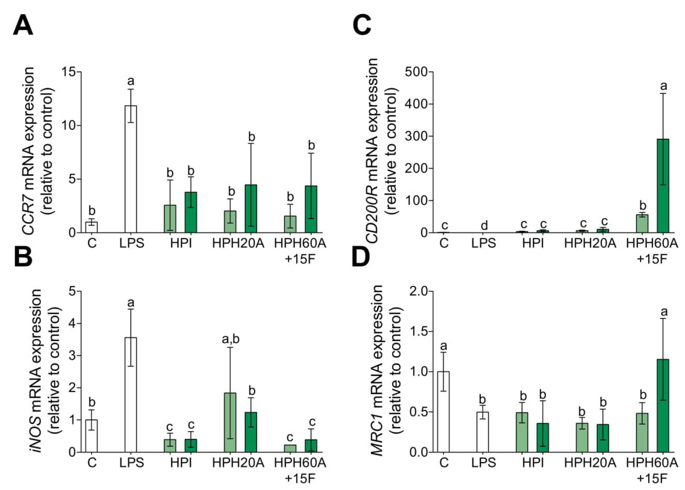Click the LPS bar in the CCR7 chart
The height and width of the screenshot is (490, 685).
tap(131, 169)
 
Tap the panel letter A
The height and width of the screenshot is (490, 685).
tap(23, 26)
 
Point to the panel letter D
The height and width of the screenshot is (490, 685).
tap(361, 257)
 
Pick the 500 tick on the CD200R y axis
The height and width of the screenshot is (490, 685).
tap(416, 72)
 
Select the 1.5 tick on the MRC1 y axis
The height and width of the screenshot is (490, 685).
tap(419, 332)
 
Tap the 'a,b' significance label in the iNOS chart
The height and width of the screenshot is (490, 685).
tap(230, 339)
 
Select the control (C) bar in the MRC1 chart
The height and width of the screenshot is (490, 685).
tap(444, 412)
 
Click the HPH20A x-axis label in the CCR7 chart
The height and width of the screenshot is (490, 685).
tap(238, 243)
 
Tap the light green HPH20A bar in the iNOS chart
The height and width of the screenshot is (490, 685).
tap(230, 422)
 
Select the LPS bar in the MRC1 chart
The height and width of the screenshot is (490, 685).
tap(483, 432)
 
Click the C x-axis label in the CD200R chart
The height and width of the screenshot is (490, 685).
tap(444, 243)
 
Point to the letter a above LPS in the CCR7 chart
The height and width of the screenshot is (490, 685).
tap(131, 81)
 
